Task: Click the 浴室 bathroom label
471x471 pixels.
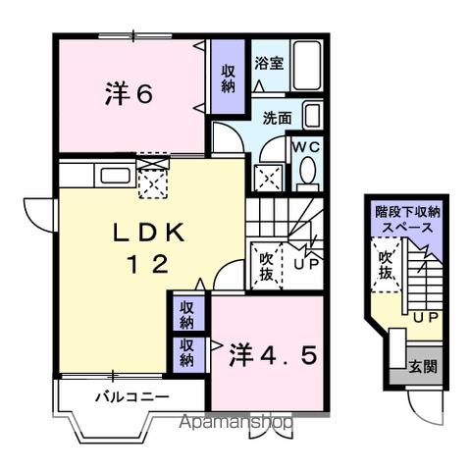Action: [270, 63]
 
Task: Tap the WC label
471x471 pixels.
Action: [306, 148]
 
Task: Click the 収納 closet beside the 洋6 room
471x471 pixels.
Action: [228, 78]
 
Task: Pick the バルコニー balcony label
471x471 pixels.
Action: [131, 397]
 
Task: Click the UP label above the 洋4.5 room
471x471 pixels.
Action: [304, 265]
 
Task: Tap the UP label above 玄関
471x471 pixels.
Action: [425, 318]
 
